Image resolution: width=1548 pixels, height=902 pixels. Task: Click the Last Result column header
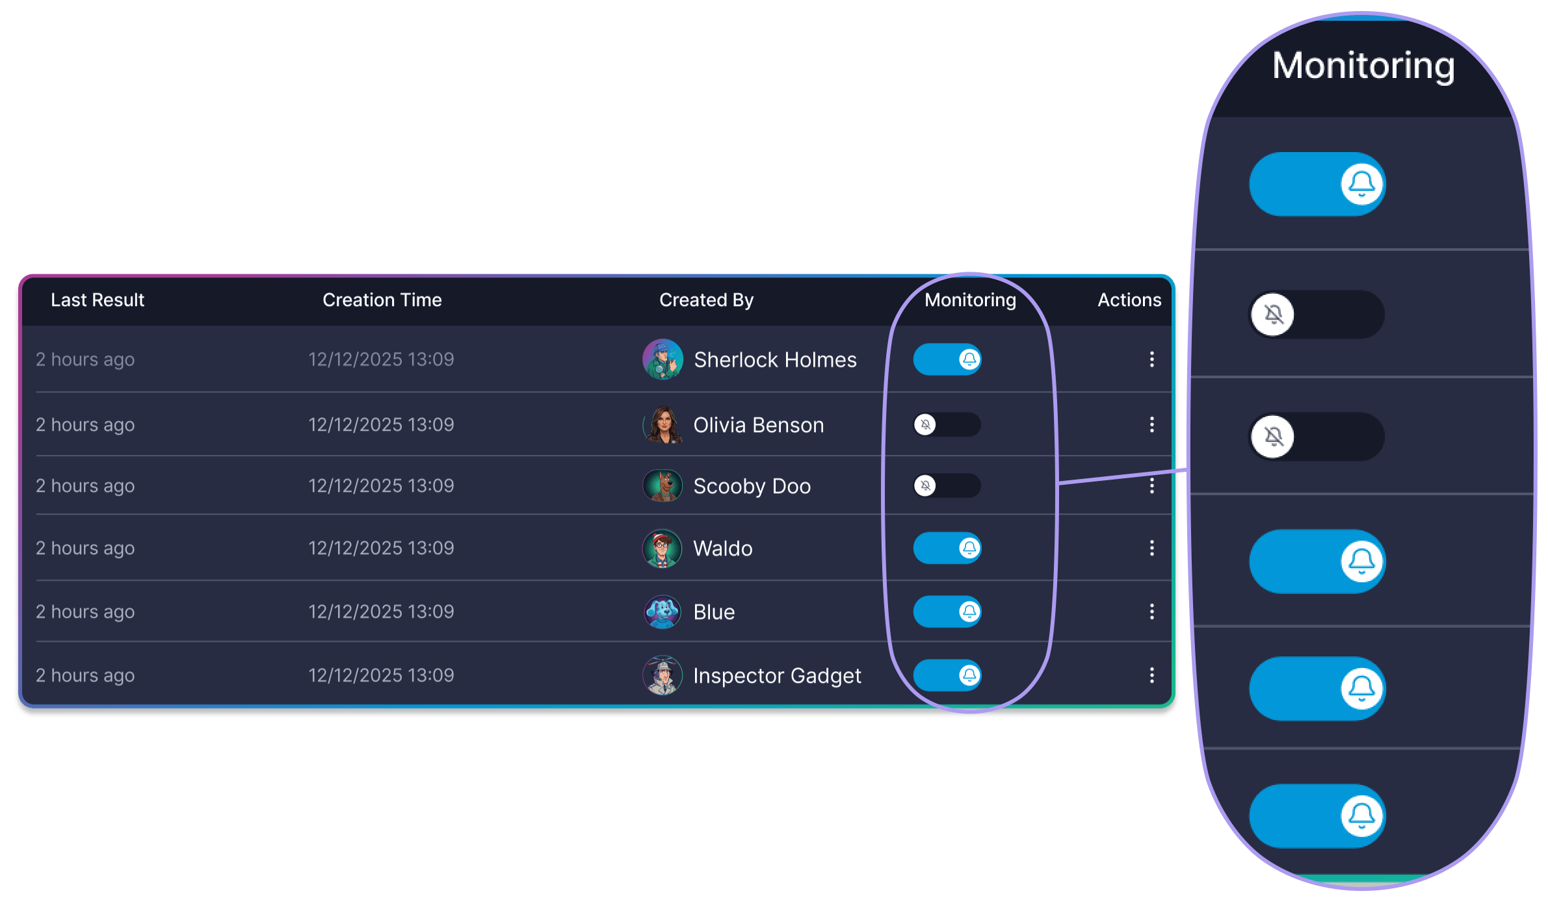98,300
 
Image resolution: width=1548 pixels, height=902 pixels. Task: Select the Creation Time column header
382,300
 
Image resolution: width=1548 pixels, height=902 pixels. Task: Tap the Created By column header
706,300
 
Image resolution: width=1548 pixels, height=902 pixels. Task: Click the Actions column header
1129,300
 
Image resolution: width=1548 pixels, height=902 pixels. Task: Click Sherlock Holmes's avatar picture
662,359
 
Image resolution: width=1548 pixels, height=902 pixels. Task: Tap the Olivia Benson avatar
662,424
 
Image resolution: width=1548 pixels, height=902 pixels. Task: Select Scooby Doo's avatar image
662,485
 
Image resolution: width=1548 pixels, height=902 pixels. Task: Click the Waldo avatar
662,548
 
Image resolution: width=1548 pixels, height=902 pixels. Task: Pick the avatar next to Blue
662,612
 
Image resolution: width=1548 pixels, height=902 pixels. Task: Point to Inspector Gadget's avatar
662,675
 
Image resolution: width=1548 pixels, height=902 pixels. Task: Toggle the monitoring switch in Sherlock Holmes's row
947,359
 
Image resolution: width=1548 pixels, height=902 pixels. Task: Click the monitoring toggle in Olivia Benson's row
947,424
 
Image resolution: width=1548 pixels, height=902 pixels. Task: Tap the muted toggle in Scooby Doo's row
947,485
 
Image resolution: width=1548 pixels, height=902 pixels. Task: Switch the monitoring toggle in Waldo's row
947,548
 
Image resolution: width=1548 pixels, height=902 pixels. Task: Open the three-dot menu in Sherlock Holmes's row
1151,359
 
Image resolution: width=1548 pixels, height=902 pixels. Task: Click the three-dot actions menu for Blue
1151,612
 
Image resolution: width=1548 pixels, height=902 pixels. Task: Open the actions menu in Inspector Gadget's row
1151,675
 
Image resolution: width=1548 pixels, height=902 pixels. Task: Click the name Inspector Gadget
777,676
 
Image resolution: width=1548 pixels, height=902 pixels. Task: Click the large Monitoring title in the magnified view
1363,66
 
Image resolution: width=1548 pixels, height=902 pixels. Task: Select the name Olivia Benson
759,425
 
